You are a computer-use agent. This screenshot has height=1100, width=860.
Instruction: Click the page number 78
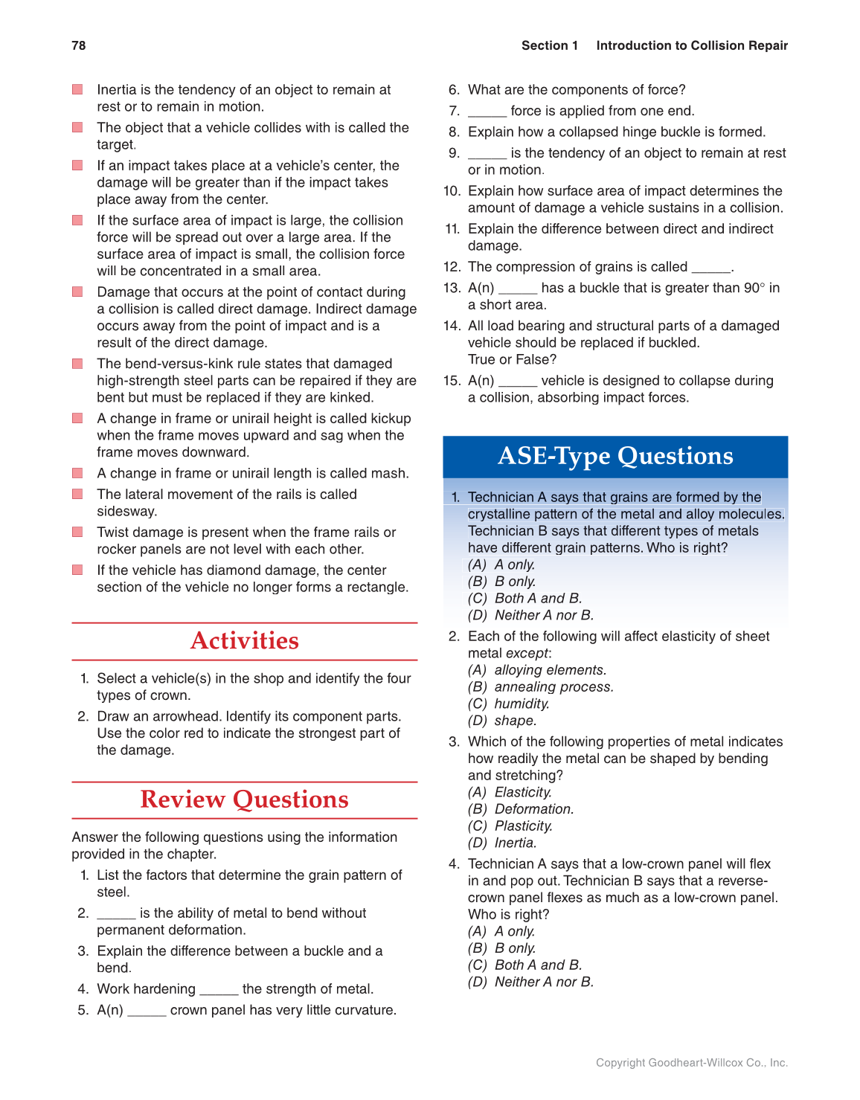(x=78, y=45)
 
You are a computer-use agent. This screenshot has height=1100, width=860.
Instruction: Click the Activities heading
(x=244, y=640)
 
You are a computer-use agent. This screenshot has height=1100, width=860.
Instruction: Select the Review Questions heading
(x=244, y=800)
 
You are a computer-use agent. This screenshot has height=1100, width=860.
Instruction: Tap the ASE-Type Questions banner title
(x=615, y=456)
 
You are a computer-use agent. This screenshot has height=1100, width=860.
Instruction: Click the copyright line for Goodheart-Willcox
(x=691, y=1063)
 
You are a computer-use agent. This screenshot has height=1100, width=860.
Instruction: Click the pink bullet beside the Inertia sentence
(x=77, y=90)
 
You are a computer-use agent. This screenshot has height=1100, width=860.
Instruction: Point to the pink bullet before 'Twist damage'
(x=77, y=533)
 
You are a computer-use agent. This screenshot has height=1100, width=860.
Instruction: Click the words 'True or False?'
(x=512, y=359)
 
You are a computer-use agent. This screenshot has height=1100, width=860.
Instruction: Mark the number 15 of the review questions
(x=452, y=381)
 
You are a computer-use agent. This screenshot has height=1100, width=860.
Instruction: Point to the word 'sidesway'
(x=126, y=511)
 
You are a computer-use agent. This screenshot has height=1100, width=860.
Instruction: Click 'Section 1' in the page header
(x=549, y=45)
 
